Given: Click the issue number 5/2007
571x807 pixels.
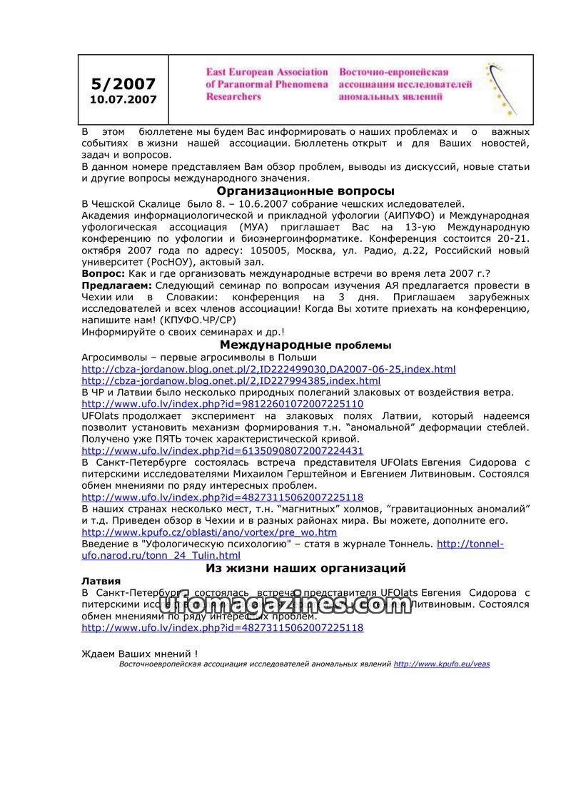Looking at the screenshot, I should (123, 84).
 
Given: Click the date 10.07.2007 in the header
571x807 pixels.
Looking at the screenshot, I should (123, 100).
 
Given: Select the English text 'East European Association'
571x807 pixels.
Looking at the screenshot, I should (267, 72).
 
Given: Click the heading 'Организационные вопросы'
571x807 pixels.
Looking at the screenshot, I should (305, 191).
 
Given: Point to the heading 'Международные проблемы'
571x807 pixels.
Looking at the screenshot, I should (305, 345).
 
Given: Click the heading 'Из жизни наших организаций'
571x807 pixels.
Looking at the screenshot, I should (305, 568).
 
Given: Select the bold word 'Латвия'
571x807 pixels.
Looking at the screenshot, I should (101, 581).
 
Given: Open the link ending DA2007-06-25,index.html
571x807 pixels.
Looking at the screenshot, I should (268, 369).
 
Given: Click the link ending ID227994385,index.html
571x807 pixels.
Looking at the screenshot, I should (231, 380).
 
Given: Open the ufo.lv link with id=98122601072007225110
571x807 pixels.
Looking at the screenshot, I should (222, 404).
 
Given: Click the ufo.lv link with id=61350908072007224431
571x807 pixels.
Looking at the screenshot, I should (222, 450).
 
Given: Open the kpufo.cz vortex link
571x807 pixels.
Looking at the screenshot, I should (209, 532).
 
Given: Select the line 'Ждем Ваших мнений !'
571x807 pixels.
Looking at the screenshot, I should (139, 653).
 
